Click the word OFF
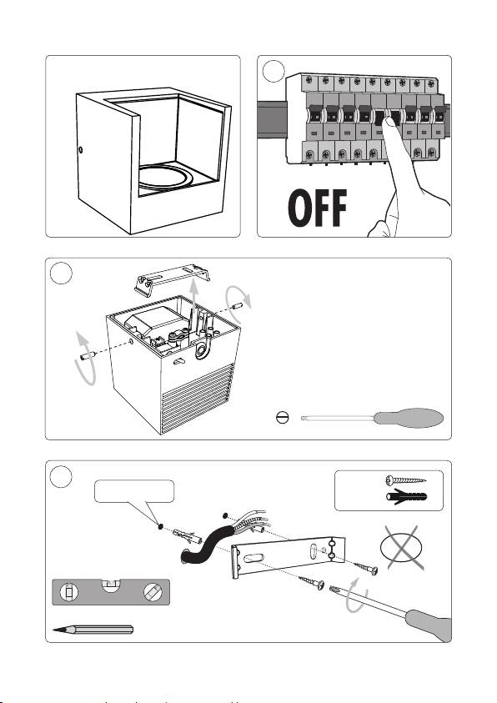[x=318, y=208]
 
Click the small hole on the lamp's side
[x=80, y=149]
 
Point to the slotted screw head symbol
[x=283, y=418]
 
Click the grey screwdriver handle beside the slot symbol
[x=409, y=418]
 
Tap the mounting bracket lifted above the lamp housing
[x=172, y=279]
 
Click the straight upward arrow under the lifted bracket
[x=193, y=301]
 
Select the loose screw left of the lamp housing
[x=88, y=356]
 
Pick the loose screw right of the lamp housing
[x=236, y=307]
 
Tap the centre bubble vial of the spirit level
[x=111, y=585]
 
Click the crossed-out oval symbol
[x=401, y=548]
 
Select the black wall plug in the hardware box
[x=406, y=497]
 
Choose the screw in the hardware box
[x=405, y=480]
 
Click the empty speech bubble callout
[x=134, y=491]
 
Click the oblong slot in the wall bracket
[x=254, y=558]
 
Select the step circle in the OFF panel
[x=274, y=71]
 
